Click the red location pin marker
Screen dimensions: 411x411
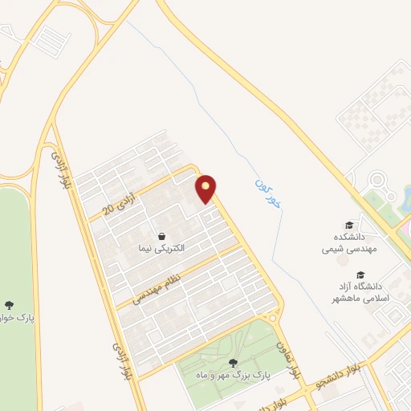point(206,189)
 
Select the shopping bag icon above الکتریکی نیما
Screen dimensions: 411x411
point(163,237)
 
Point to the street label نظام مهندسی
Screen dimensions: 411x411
point(157,282)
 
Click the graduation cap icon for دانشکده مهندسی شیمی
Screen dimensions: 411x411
point(348,226)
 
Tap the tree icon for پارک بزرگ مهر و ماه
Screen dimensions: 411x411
point(233,363)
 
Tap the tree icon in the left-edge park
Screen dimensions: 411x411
point(9,305)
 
